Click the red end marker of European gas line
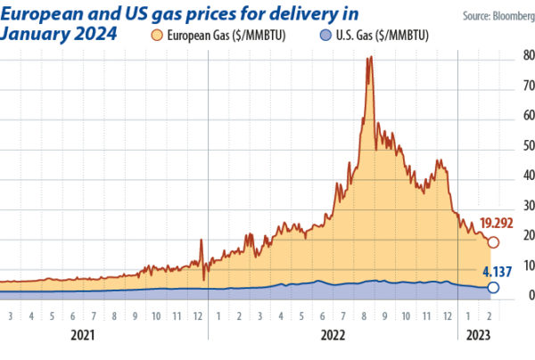(x=493, y=241)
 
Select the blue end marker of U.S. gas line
(x=493, y=288)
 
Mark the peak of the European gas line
(x=370, y=58)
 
